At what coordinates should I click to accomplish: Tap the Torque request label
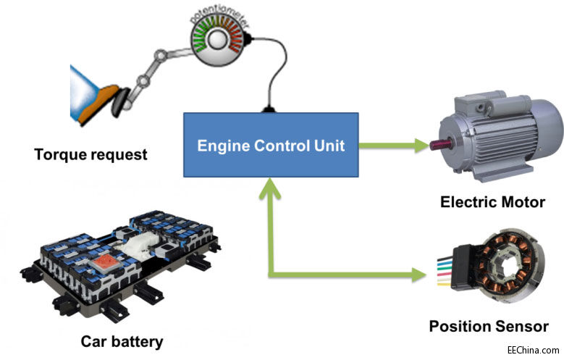[x=91, y=154]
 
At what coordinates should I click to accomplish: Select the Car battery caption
[x=122, y=341]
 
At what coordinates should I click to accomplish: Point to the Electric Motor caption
[x=492, y=201]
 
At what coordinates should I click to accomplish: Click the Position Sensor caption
[x=489, y=327]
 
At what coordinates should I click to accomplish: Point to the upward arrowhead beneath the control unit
[x=270, y=190]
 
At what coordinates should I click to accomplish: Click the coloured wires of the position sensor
[x=443, y=272]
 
